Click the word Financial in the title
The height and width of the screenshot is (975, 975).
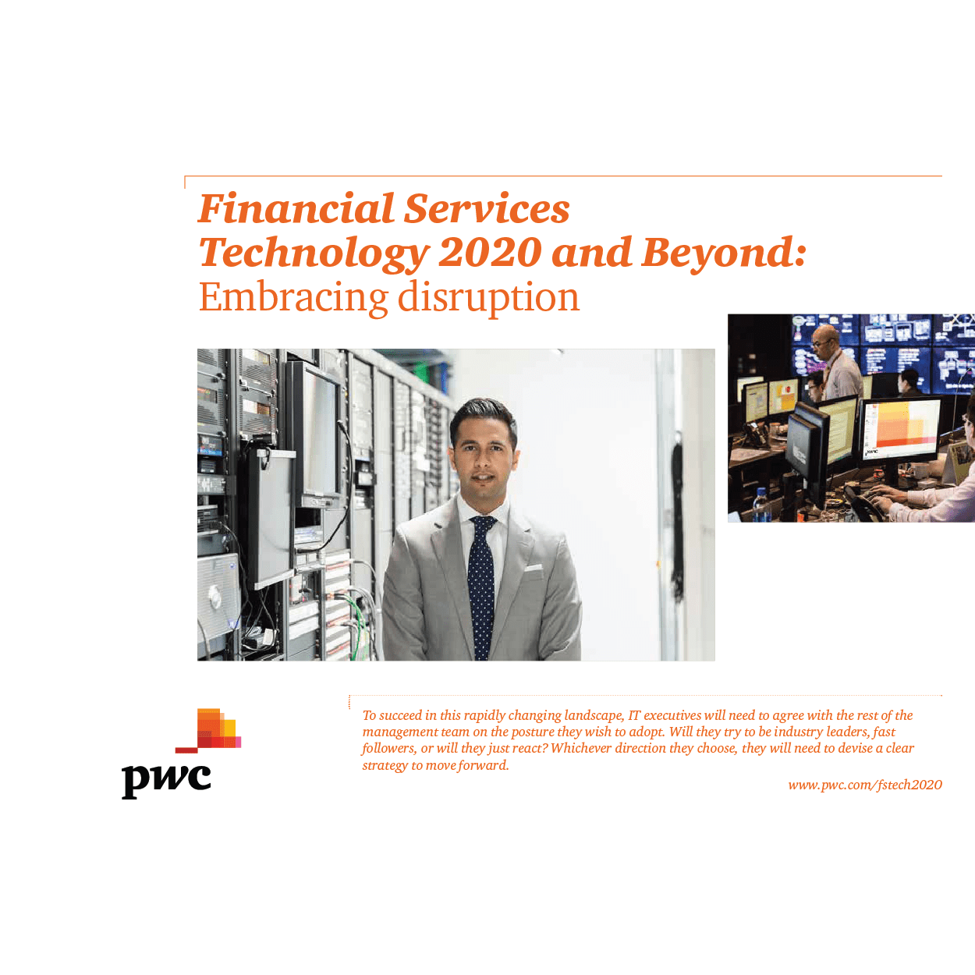click(296, 208)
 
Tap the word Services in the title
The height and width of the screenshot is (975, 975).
click(487, 208)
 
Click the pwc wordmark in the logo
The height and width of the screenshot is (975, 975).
click(166, 780)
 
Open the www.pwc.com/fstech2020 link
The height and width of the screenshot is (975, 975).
click(865, 785)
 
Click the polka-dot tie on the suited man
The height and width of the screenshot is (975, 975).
click(481, 587)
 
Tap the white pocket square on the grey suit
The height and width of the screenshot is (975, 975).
click(533, 568)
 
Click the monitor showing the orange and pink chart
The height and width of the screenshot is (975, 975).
click(900, 428)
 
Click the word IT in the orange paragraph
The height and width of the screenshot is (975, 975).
click(634, 715)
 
